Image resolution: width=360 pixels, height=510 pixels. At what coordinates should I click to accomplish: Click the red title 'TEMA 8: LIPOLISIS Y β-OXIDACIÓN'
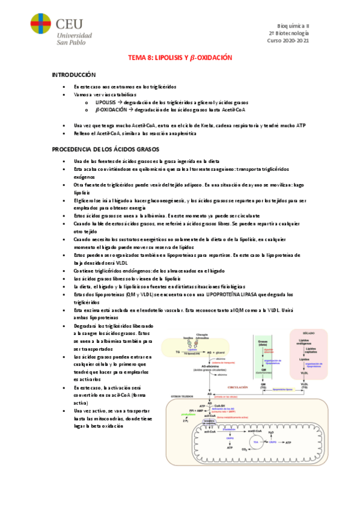click(x=180, y=58)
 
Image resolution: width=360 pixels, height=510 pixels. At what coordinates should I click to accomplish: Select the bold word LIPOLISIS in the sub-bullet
click(x=106, y=103)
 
